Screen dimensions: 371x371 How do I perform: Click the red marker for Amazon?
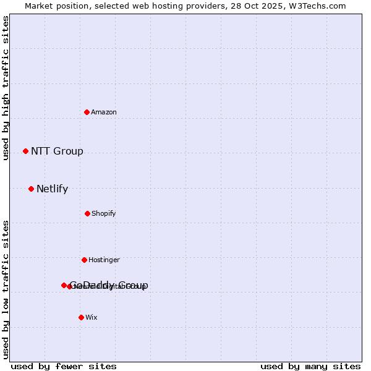[x=87, y=112]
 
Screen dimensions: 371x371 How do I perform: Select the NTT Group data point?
[x=25, y=151]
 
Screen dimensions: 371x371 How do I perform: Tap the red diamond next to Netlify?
[x=31, y=189]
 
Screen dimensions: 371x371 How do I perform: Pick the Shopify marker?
[x=87, y=213]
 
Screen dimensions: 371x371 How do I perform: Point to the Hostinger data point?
[x=84, y=260]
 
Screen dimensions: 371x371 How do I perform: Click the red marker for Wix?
[x=81, y=317]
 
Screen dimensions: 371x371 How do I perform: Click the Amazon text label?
[x=104, y=112]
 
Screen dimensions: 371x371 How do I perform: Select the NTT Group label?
[x=57, y=151]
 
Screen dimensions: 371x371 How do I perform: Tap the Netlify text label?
[x=52, y=189]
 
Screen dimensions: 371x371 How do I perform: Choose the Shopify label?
[x=104, y=213]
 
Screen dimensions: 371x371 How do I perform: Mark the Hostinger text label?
[x=104, y=260]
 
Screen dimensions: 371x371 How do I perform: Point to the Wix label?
[x=92, y=317]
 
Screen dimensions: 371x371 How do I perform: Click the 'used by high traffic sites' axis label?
[x=6, y=88]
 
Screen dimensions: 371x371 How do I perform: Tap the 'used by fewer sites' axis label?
[x=64, y=366]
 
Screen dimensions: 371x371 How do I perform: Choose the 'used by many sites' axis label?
[x=310, y=366]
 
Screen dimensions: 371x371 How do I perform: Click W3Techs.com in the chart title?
[x=315, y=6]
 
